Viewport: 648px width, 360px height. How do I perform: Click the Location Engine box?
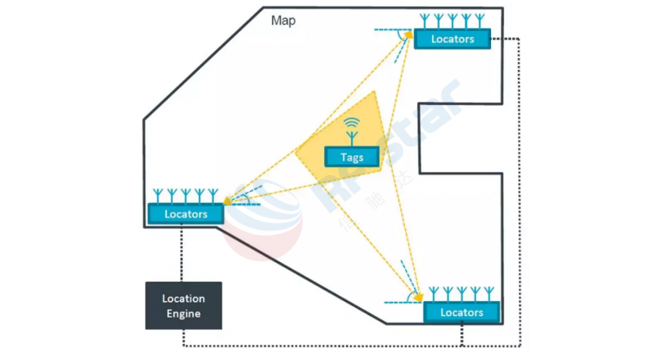point(184,305)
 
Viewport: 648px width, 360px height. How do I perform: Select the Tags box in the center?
point(352,157)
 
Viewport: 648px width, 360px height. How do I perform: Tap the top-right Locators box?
point(452,39)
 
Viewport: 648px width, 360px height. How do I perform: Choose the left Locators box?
point(186,214)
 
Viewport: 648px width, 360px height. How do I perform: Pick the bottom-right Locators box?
point(462,312)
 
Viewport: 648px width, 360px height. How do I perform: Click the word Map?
point(283,20)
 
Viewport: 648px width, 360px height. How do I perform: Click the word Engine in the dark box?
point(184,313)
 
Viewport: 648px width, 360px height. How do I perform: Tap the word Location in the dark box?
point(184,298)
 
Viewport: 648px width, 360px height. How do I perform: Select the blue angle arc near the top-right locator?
point(400,34)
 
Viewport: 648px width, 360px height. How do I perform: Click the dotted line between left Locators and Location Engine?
point(183,252)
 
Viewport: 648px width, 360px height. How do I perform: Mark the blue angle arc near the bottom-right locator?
point(410,294)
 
